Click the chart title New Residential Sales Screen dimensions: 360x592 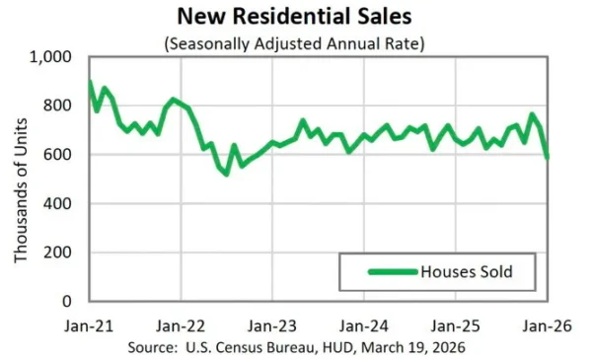(x=295, y=17)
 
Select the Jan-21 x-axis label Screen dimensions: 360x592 (x=90, y=325)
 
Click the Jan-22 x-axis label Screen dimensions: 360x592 (x=182, y=325)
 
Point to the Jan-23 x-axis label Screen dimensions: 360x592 (x=273, y=325)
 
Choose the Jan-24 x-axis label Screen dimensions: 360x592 (x=364, y=325)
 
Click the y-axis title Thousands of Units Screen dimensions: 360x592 (x=21, y=180)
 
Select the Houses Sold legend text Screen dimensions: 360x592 (x=465, y=271)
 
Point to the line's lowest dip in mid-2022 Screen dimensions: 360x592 (x=226, y=175)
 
